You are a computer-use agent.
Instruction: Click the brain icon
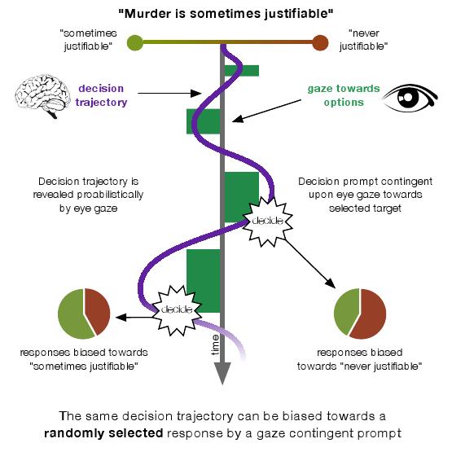click(42, 94)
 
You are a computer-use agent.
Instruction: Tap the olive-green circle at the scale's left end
click(135, 42)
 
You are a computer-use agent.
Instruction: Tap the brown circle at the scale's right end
click(320, 42)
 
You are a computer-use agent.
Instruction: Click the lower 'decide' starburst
click(176, 309)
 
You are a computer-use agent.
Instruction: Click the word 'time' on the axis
click(214, 346)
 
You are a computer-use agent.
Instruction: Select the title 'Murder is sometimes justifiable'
click(226, 13)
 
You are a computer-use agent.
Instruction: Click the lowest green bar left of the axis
click(203, 280)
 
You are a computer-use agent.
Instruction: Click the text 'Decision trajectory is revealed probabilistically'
click(90, 195)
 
